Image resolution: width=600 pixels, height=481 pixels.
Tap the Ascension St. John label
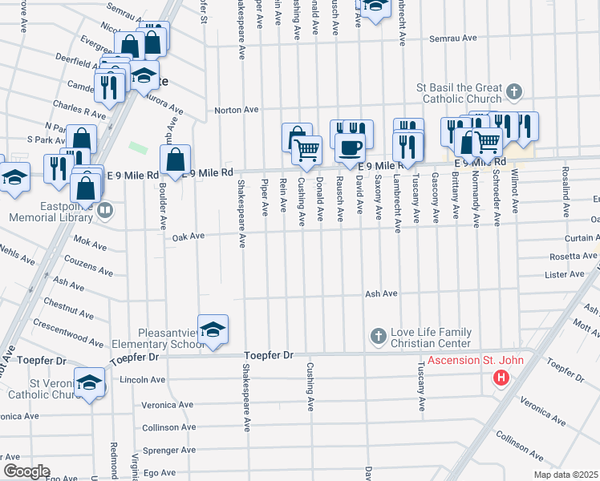pos(475,361)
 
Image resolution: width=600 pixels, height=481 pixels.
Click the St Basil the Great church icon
pos(514,92)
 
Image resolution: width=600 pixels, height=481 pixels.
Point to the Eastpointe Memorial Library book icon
pos(105,211)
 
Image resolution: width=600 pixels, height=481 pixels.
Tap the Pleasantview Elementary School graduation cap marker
pos(213,329)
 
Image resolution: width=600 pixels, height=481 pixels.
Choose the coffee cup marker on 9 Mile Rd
pos(349,148)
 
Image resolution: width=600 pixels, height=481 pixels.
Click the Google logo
pos(26,471)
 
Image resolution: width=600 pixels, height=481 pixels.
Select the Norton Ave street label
pos(236,110)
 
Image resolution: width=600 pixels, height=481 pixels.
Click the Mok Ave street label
pos(84,240)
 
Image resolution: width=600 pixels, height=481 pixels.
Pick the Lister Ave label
pos(565,275)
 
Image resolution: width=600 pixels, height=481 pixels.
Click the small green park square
pos(139,148)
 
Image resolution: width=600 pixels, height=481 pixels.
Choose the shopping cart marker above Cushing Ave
pos(306,149)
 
